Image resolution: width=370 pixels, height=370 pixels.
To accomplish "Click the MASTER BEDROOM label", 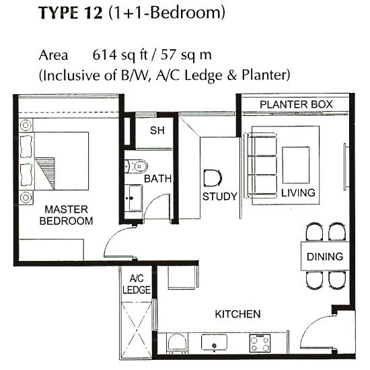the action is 66,215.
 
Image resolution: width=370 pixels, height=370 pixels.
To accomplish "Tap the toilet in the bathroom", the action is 136,166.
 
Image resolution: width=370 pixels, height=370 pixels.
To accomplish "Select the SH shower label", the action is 157,131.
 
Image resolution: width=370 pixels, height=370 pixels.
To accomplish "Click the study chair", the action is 213,178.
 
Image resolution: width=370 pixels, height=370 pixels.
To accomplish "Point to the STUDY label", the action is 220,196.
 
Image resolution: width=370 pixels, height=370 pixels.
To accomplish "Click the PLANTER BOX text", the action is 296,104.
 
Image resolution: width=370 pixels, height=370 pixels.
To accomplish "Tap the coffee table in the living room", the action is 296,165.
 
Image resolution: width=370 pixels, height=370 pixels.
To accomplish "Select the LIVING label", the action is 298,193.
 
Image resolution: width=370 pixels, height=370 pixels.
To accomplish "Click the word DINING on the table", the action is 325,257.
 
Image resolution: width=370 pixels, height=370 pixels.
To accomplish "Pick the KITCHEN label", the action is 238,314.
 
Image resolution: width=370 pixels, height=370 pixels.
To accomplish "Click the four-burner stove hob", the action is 260,343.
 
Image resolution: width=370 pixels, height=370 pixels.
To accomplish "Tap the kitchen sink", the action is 214,342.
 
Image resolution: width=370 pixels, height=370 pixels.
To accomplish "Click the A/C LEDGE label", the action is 137,285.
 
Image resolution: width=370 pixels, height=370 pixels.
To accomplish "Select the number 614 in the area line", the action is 104,55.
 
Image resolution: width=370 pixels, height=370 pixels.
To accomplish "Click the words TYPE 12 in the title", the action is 71,13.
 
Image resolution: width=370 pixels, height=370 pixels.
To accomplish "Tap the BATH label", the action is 157,179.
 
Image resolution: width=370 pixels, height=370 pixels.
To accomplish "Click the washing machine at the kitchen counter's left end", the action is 178,344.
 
